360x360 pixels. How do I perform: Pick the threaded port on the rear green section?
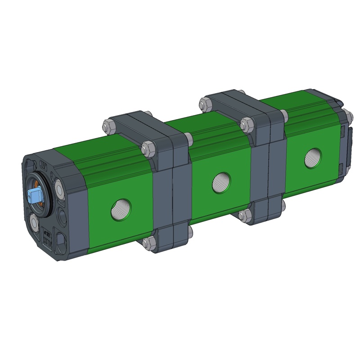312,157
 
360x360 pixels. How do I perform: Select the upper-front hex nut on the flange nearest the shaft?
148,148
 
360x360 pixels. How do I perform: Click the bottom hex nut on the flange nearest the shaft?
148,244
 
